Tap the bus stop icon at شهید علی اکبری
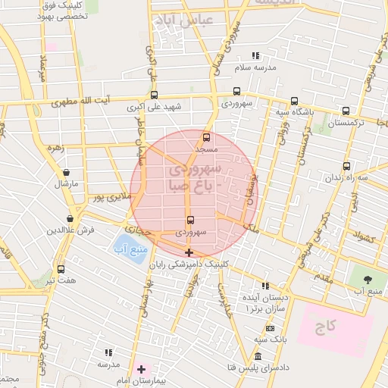click(155, 95)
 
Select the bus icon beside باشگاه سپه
click(294, 101)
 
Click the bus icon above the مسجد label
click(207, 137)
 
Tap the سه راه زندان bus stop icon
click(346, 167)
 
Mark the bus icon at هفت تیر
click(61, 268)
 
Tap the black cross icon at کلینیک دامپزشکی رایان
click(189, 252)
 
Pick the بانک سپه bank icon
click(271, 328)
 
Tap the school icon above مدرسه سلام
click(255, 55)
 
